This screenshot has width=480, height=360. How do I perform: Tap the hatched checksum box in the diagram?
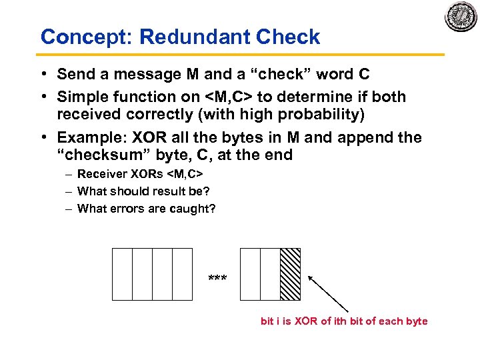tap(290, 274)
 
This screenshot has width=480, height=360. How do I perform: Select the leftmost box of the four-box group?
tap(122, 274)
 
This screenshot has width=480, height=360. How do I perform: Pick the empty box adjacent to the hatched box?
tap(270, 274)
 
